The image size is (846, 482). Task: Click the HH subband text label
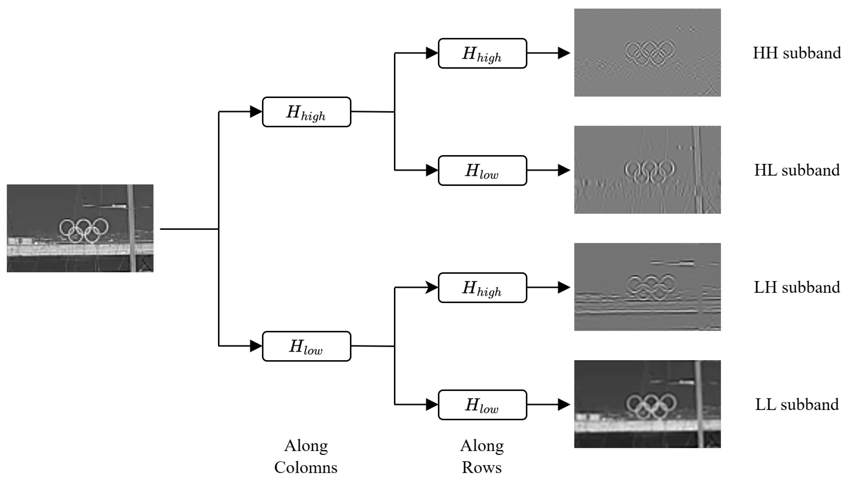796,53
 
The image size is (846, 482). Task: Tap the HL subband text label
796,170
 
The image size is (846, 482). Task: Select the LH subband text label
796,287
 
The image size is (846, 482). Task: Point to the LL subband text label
796,404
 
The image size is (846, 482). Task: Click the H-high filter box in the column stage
306,112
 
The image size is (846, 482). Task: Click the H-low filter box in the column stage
306,346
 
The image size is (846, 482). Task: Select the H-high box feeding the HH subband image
482,53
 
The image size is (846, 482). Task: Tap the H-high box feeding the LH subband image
482,288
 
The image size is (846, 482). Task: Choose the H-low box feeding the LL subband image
482,405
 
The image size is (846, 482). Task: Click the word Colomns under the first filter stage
306,467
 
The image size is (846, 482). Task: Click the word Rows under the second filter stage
481,467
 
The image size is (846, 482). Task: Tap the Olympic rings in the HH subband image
649,53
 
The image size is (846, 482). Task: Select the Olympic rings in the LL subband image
651,407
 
